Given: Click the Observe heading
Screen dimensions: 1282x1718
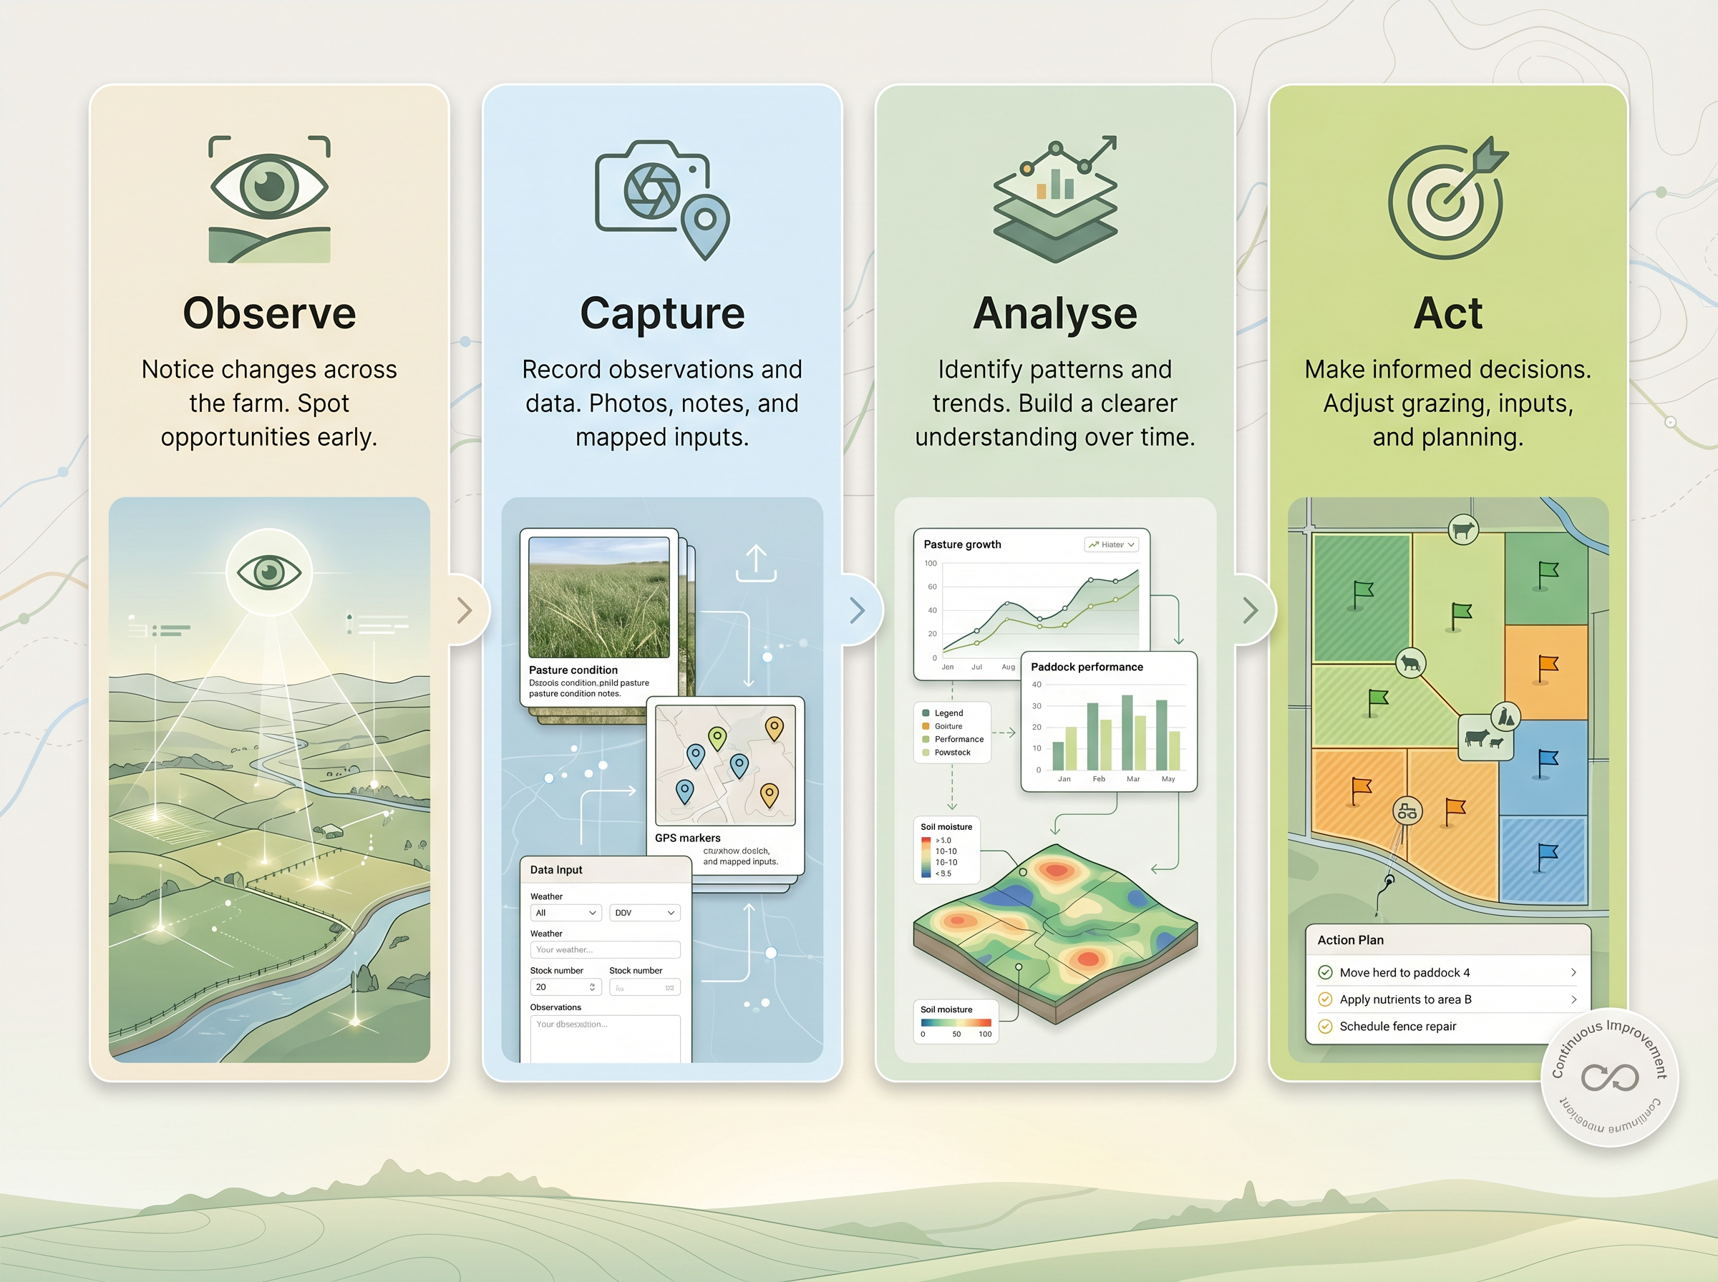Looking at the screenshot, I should coord(269,313).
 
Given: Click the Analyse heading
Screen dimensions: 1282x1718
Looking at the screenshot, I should coord(1055,313).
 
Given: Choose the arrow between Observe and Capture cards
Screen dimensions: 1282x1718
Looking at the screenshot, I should coord(465,611).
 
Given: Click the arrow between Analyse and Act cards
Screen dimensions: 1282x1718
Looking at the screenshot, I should coord(1250,611).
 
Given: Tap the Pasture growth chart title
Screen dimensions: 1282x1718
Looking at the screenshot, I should coord(962,544).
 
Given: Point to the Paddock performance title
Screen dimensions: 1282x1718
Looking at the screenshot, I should coord(1086,667).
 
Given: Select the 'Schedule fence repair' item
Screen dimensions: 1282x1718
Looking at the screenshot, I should coord(1397,1027).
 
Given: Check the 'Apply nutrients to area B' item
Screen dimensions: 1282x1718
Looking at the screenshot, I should coord(1405,999).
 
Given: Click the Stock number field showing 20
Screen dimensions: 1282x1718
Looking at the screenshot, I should coord(564,987).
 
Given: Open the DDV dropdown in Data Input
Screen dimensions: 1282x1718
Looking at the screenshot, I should coord(644,914).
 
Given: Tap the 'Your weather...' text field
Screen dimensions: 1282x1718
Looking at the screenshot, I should coord(605,950).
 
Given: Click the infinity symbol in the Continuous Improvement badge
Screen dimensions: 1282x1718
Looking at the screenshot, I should coord(1609,1077).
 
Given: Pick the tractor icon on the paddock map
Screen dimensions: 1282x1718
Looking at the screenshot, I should coord(1407,812).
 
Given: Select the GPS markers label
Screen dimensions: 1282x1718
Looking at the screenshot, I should coord(687,838).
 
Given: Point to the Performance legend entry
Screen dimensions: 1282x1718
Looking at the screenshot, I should coord(958,740).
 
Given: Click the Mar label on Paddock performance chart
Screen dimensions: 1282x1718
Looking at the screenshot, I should coord(1132,779).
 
